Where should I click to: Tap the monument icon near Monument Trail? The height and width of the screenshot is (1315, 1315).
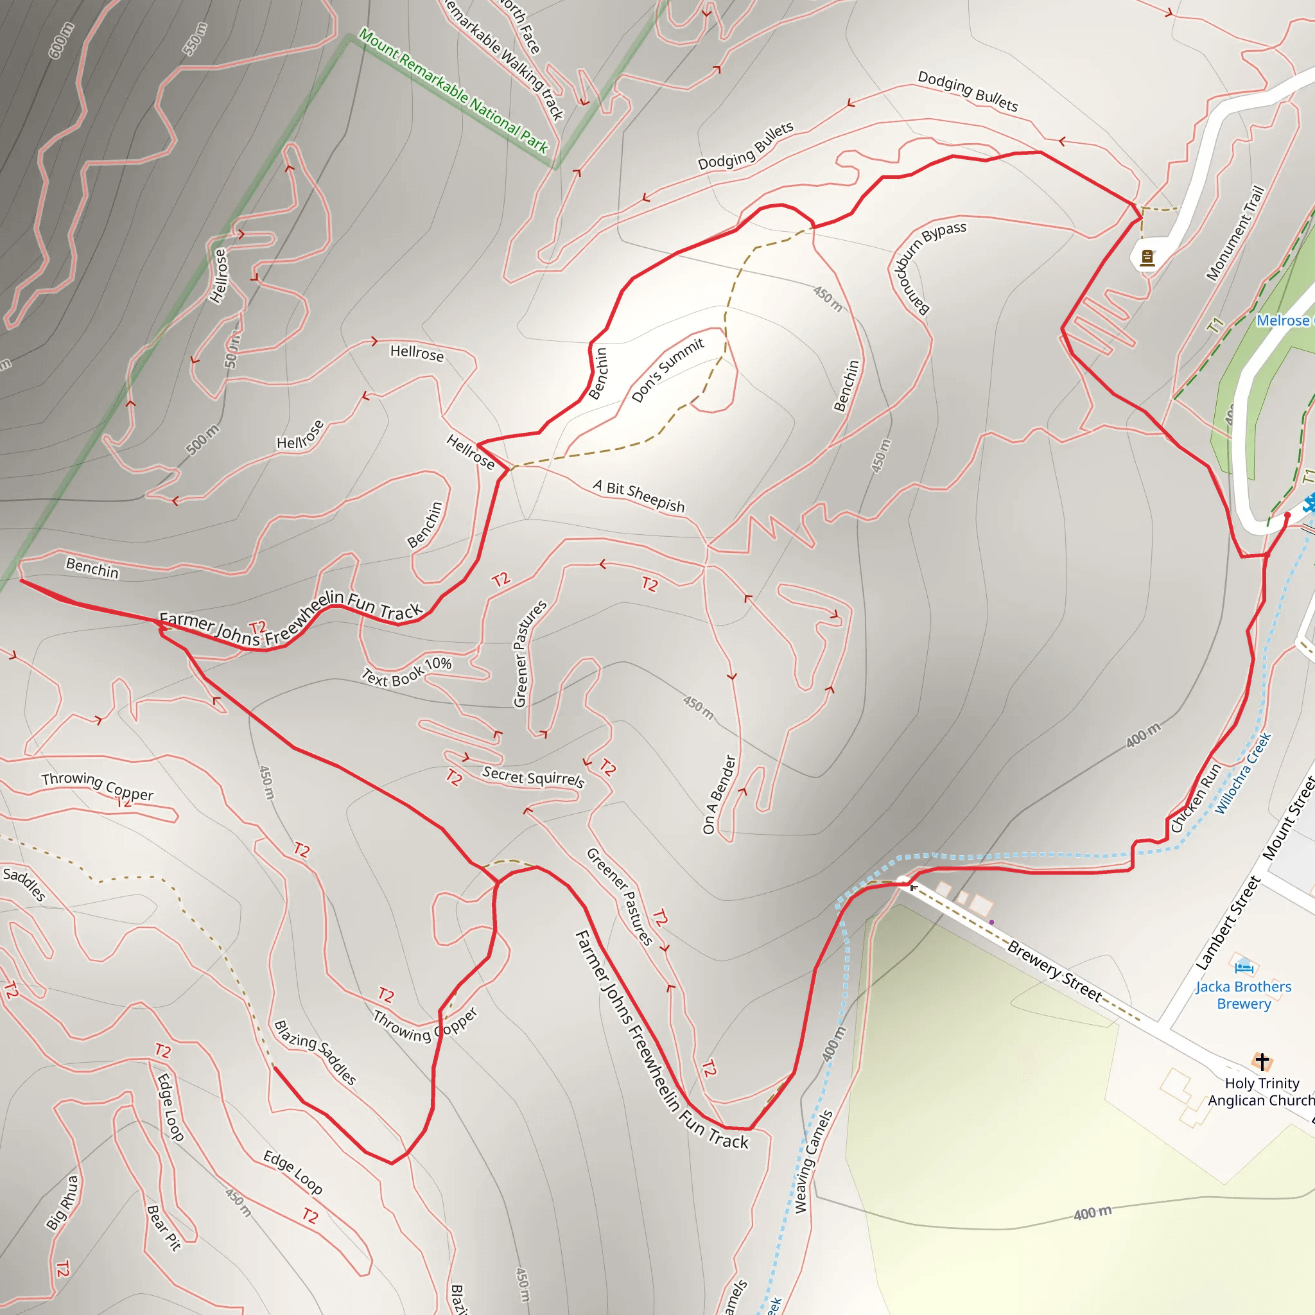point(1147,257)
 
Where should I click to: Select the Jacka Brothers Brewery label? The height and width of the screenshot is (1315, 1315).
point(1243,995)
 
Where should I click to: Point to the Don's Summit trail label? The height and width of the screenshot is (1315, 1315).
point(667,370)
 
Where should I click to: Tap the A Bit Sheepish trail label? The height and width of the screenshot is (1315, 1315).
point(638,495)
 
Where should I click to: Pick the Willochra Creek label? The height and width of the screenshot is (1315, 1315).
point(1243,773)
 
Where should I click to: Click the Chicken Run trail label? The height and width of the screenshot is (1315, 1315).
point(1196,797)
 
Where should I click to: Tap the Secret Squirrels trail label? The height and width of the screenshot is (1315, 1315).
point(533,777)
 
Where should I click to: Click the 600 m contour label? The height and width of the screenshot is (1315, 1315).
point(61,40)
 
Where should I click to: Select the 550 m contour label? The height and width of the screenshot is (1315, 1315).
point(195,39)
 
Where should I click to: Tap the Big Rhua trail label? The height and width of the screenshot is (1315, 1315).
point(63,1203)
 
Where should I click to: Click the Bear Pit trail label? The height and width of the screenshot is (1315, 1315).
point(164,1228)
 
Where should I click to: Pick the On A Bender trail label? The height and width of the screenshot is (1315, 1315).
point(719,794)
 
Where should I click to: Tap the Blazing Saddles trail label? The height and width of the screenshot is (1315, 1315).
point(315,1052)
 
